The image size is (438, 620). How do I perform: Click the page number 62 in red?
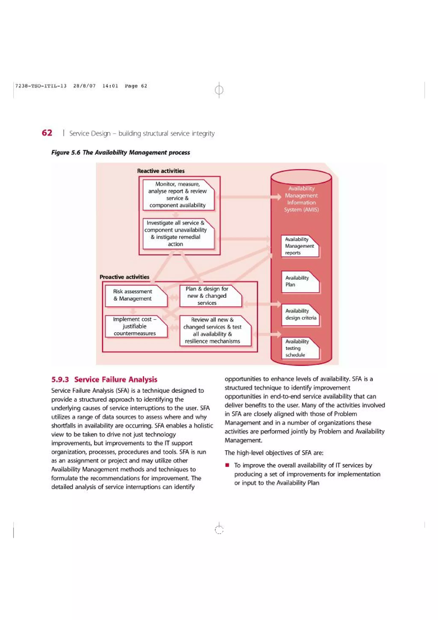coord(47,133)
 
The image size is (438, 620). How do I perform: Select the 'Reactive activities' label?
coord(161,171)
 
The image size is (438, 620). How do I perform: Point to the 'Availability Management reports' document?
coord(300,246)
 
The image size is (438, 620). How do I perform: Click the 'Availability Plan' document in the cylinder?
coord(300,281)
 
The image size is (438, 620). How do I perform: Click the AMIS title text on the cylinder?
coord(301,199)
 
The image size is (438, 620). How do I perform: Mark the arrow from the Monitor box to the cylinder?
coord(248,197)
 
